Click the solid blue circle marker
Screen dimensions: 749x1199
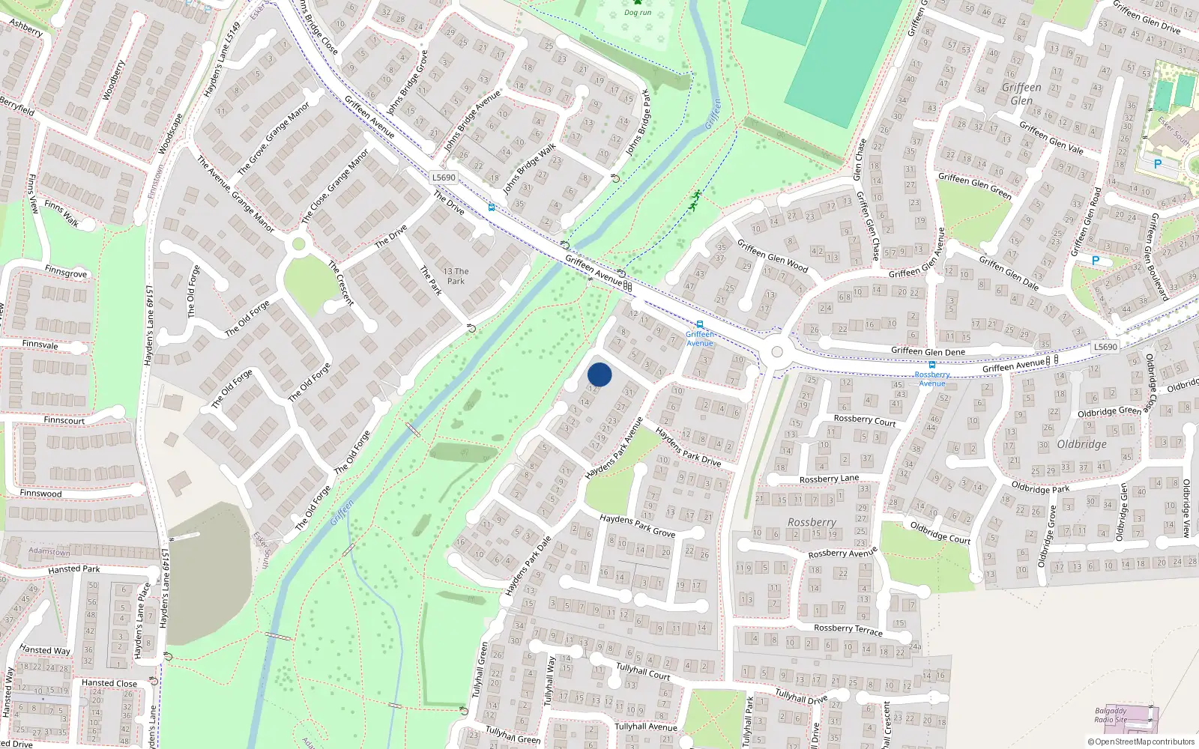(x=599, y=374)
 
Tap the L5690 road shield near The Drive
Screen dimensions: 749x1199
(x=444, y=178)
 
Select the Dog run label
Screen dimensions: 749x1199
(x=638, y=12)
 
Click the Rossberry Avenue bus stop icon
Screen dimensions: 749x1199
(x=932, y=365)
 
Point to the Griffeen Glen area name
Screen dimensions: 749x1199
(x=1021, y=94)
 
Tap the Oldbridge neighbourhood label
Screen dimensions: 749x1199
(x=1081, y=444)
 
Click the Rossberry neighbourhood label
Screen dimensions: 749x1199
(x=812, y=522)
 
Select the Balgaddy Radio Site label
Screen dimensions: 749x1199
(x=1111, y=715)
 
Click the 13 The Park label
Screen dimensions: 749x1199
(x=456, y=276)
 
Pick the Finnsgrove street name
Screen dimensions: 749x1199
(x=66, y=273)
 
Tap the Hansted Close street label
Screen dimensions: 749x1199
(x=109, y=683)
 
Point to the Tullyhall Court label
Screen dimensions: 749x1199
(x=643, y=670)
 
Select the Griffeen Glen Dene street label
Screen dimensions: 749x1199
(x=928, y=351)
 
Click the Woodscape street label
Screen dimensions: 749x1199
(x=171, y=134)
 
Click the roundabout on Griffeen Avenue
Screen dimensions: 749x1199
(x=777, y=351)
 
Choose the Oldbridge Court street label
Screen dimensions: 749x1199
(x=940, y=533)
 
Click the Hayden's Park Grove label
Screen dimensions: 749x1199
(x=637, y=526)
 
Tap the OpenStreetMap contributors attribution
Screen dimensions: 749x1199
(x=1141, y=742)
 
